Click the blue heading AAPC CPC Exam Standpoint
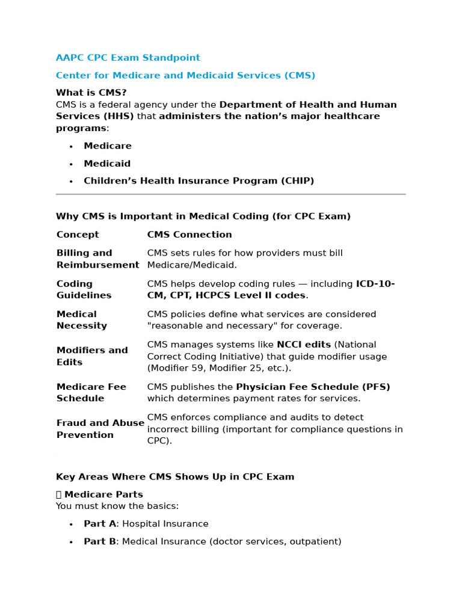128,58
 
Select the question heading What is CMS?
91,93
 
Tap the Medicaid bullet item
107,164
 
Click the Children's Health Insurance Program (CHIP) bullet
199,181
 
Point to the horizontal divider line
230,194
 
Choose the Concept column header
78,235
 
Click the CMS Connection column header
189,235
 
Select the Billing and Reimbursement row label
97,259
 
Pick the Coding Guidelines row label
84,289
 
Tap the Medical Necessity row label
82,320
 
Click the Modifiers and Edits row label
92,356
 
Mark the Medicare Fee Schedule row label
91,393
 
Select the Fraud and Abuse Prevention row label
100,429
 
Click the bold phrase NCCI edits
303,345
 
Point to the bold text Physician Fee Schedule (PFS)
313,387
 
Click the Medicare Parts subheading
103,494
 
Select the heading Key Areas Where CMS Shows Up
174,477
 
